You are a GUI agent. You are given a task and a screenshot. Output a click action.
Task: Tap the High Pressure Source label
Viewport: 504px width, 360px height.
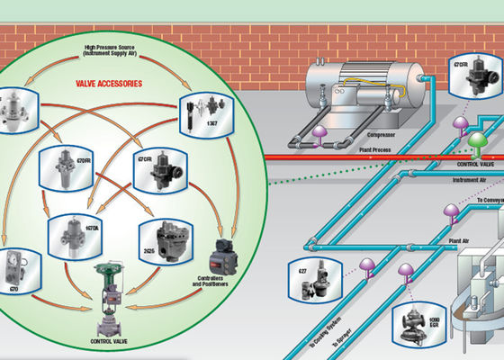tap(110, 52)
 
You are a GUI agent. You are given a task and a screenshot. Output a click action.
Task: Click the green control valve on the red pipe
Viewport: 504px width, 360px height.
tap(476, 144)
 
